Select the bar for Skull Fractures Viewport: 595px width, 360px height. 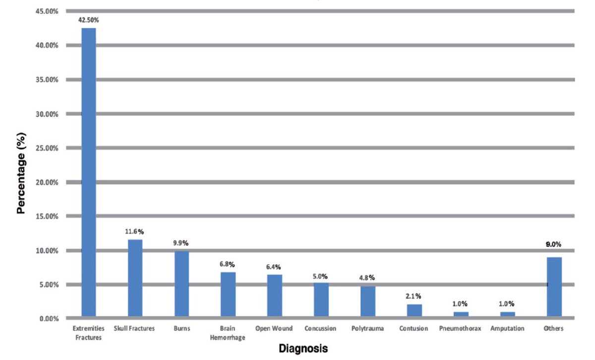point(135,278)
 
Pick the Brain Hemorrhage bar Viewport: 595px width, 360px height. point(228,295)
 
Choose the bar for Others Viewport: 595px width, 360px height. point(554,287)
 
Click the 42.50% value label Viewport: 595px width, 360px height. point(89,20)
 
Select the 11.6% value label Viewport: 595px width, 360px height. point(135,232)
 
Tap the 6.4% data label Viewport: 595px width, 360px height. point(275,267)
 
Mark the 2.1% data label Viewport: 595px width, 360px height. point(415,297)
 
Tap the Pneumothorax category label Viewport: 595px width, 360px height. point(460,328)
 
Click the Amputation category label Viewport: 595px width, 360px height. point(507,328)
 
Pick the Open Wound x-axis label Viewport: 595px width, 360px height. point(274,328)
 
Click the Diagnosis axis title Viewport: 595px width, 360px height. point(303,349)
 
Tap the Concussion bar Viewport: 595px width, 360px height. point(321,300)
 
